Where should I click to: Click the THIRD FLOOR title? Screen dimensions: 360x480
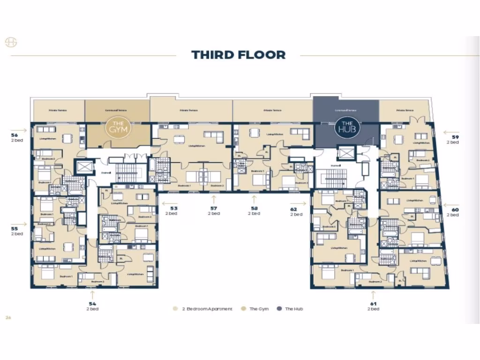click(238, 55)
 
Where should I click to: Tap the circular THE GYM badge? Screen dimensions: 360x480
click(115, 127)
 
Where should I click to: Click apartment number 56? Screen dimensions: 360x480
click(15, 135)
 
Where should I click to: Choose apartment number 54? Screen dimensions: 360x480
click(92, 304)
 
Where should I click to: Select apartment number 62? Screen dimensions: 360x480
click(294, 209)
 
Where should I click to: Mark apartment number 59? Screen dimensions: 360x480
click(455, 137)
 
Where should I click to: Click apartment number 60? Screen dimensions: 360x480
click(455, 210)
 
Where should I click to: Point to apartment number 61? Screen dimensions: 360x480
click(373, 304)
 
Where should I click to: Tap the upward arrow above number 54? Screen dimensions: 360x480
click(92, 294)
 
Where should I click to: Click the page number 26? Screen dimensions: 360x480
click(8, 317)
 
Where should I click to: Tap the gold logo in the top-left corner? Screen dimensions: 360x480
click(11, 43)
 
